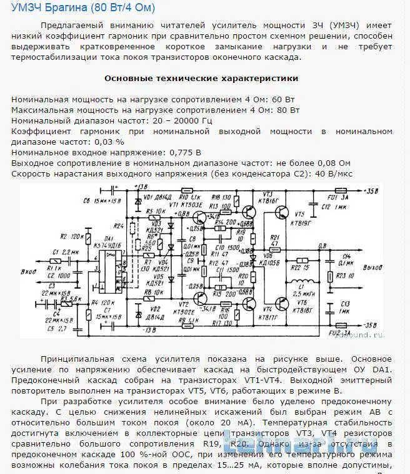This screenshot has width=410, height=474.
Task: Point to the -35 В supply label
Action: coord(370,324)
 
